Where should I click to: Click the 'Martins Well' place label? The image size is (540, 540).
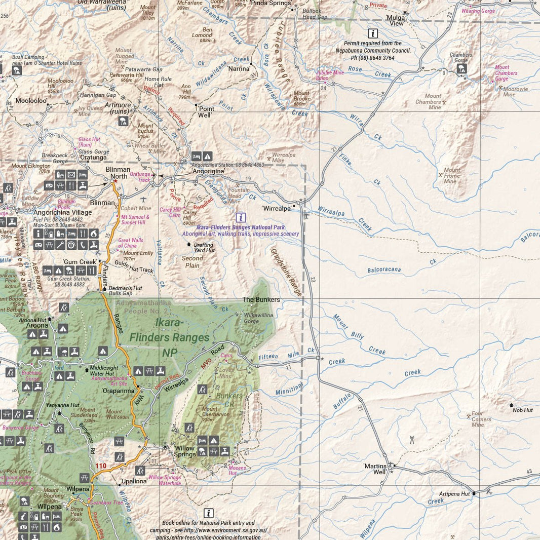pyautogui.click(x=375, y=469)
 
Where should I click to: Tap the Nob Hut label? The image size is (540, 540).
pyautogui.click(x=522, y=410)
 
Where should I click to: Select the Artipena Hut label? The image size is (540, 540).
pyautogui.click(x=454, y=493)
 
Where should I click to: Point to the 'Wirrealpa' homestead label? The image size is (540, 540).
pyautogui.click(x=277, y=208)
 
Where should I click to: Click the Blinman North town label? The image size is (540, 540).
pyautogui.click(x=118, y=173)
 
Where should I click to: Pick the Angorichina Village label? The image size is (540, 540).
pyautogui.click(x=62, y=212)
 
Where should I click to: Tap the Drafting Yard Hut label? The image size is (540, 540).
pyautogui.click(x=204, y=247)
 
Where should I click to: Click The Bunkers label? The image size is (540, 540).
pyautogui.click(x=261, y=299)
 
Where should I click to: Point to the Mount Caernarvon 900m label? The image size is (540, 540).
pyautogui.click(x=216, y=414)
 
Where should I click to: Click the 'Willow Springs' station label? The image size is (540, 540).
pyautogui.click(x=184, y=451)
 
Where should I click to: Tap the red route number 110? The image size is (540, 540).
pyautogui.click(x=101, y=466)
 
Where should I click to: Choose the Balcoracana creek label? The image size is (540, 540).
pyautogui.click(x=384, y=270)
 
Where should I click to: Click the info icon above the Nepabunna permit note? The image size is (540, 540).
pyautogui.click(x=373, y=34)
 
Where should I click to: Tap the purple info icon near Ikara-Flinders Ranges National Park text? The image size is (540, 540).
pyautogui.click(x=241, y=217)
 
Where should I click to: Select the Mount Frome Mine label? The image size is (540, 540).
pyautogui.click(x=451, y=176)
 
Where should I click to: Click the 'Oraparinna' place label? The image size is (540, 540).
pyautogui.click(x=118, y=391)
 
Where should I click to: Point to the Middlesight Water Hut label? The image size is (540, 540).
pyautogui.click(x=105, y=371)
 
